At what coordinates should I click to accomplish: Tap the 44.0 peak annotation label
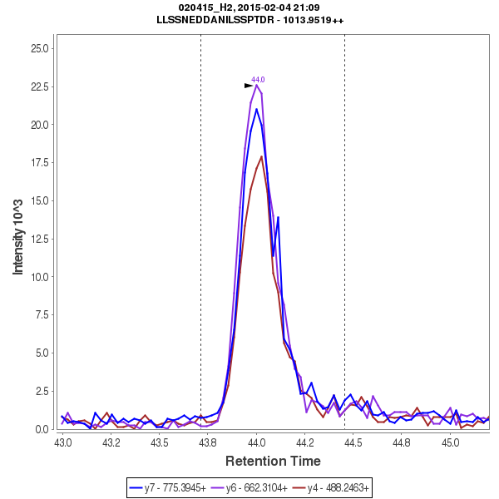(x=258, y=80)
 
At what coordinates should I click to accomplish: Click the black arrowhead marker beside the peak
(x=248, y=85)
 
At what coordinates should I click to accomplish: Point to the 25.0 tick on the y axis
(x=38, y=48)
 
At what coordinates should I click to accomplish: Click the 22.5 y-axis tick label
(x=38, y=86)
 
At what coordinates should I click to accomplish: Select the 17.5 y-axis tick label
(x=38, y=163)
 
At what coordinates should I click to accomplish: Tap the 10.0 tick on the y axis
(x=38, y=277)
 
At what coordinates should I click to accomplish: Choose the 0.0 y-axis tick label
(x=41, y=429)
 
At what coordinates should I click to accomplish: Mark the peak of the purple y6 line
(x=257, y=85)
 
